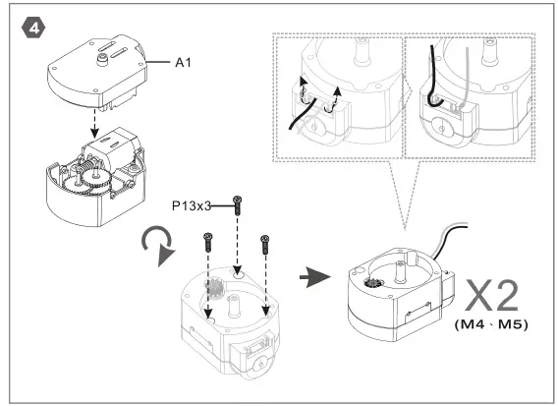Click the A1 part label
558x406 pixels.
(x=182, y=63)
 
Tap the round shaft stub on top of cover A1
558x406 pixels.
(x=101, y=58)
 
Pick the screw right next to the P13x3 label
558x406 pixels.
(x=237, y=205)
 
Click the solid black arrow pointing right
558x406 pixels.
(x=313, y=279)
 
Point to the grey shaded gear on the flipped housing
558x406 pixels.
(x=215, y=289)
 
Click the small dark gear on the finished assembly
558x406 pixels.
(x=372, y=286)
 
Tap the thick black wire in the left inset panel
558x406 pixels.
(x=296, y=117)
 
